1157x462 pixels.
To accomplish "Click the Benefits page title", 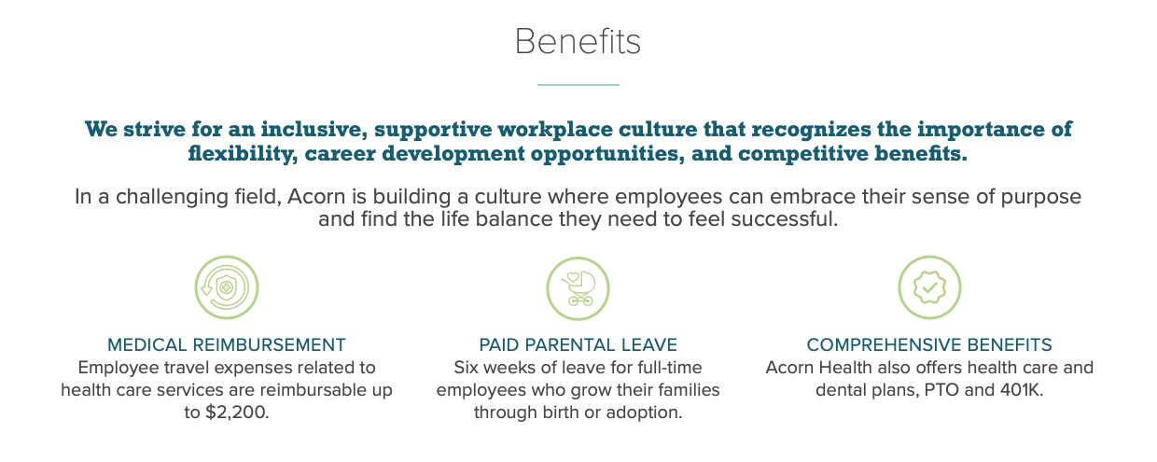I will click(x=578, y=42).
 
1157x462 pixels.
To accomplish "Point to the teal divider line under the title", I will click(x=578, y=85).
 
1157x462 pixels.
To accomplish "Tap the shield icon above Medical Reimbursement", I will click(x=226, y=287).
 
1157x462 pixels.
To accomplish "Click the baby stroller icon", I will click(x=578, y=287).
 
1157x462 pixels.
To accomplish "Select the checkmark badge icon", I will click(x=929, y=287).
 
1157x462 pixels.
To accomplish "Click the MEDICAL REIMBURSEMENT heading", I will click(x=227, y=344).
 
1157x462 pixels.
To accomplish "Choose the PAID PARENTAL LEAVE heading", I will click(x=578, y=344).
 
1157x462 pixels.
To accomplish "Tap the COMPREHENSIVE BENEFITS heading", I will click(x=929, y=344).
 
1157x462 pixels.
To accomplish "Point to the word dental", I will click(x=841, y=390).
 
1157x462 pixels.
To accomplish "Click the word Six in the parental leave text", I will click(x=469, y=368).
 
